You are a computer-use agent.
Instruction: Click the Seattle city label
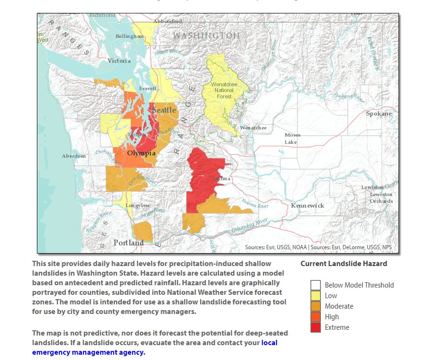164,110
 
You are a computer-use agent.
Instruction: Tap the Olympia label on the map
141,153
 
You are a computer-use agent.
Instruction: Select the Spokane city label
378,114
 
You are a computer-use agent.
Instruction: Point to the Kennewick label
308,205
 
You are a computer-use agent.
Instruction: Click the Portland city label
128,243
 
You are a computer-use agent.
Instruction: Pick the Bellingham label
129,36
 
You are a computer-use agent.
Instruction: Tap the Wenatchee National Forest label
224,90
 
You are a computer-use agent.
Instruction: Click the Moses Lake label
292,139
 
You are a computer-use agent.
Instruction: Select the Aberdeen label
74,156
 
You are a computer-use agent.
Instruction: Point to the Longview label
137,205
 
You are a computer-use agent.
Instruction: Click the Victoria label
119,61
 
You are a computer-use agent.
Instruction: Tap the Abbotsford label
168,21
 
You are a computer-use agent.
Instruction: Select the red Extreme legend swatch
315,327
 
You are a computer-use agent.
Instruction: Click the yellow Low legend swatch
315,296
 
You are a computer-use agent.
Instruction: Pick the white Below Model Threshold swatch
315,285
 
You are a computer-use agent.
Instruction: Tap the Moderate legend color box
315,306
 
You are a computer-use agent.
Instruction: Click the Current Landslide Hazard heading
343,264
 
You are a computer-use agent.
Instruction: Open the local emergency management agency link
89,352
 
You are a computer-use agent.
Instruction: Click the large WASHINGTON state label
206,36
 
